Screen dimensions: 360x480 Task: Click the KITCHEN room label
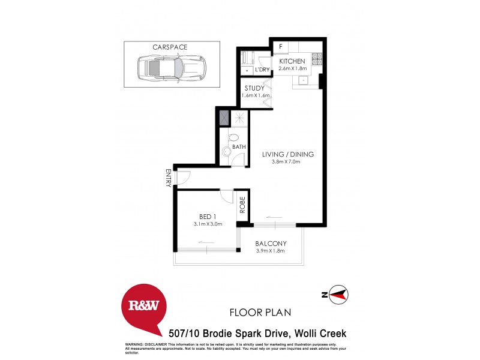pos(292,61)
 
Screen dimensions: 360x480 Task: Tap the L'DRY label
pos(262,70)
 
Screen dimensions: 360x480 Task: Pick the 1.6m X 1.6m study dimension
pos(254,96)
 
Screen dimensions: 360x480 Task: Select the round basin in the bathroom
pos(226,152)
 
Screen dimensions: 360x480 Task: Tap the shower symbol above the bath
pos(239,118)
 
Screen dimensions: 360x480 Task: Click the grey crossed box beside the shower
pos(224,118)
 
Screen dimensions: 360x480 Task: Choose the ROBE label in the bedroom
pos(242,206)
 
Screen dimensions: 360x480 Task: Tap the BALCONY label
pos(271,243)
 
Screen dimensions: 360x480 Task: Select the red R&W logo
pos(144,307)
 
